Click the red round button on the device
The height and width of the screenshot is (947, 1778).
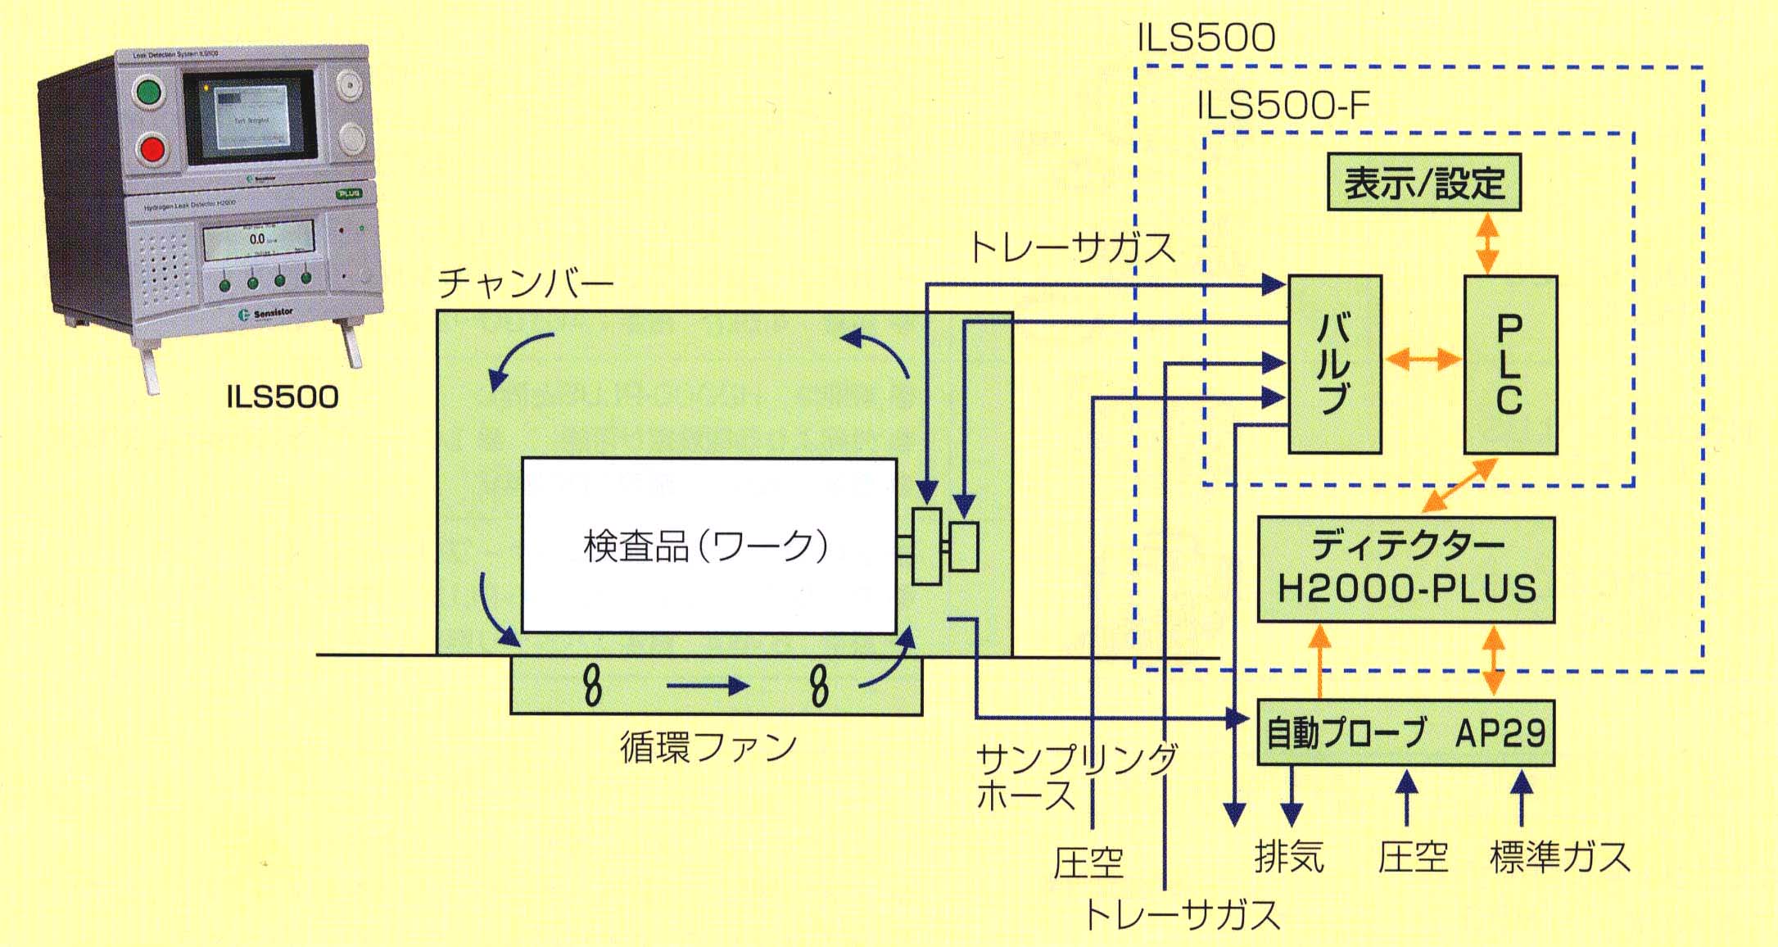[x=152, y=149]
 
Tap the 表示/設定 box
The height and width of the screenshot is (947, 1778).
[x=1423, y=183]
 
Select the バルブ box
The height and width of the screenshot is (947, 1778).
[x=1334, y=365]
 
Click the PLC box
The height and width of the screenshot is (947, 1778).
[x=1509, y=365]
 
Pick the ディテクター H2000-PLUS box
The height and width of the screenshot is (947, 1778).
[x=1405, y=569]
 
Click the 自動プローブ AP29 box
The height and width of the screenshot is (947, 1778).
[x=1405, y=732]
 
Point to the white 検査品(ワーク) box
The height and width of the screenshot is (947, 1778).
[x=708, y=546]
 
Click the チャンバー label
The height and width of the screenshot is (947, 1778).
[x=525, y=283]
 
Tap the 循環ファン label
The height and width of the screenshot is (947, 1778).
[x=708, y=746]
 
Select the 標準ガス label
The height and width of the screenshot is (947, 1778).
[x=1559, y=857]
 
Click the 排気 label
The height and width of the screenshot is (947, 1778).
[x=1289, y=857]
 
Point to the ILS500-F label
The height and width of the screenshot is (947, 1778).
[x=1283, y=106]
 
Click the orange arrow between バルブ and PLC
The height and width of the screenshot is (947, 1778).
[x=1423, y=359]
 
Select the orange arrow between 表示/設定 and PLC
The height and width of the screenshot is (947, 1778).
[x=1487, y=242]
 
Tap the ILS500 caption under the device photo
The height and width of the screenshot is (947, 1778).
[x=282, y=397]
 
